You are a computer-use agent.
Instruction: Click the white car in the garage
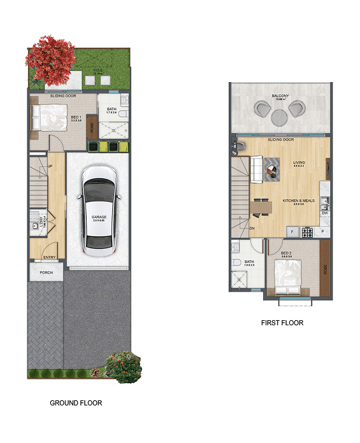click(x=99, y=209)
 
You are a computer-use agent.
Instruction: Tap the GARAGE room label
click(x=99, y=218)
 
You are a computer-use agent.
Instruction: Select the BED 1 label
click(x=75, y=118)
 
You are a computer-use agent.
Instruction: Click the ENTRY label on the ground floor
click(x=48, y=258)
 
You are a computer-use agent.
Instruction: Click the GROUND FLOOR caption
click(x=76, y=403)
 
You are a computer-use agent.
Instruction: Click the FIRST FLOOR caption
click(x=282, y=323)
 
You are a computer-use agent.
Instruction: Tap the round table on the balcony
click(x=279, y=117)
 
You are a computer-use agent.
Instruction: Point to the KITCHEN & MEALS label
click(x=299, y=201)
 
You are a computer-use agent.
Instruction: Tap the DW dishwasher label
click(x=324, y=213)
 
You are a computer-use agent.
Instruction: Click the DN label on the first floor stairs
click(x=252, y=228)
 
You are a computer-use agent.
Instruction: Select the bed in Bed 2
click(x=291, y=274)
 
